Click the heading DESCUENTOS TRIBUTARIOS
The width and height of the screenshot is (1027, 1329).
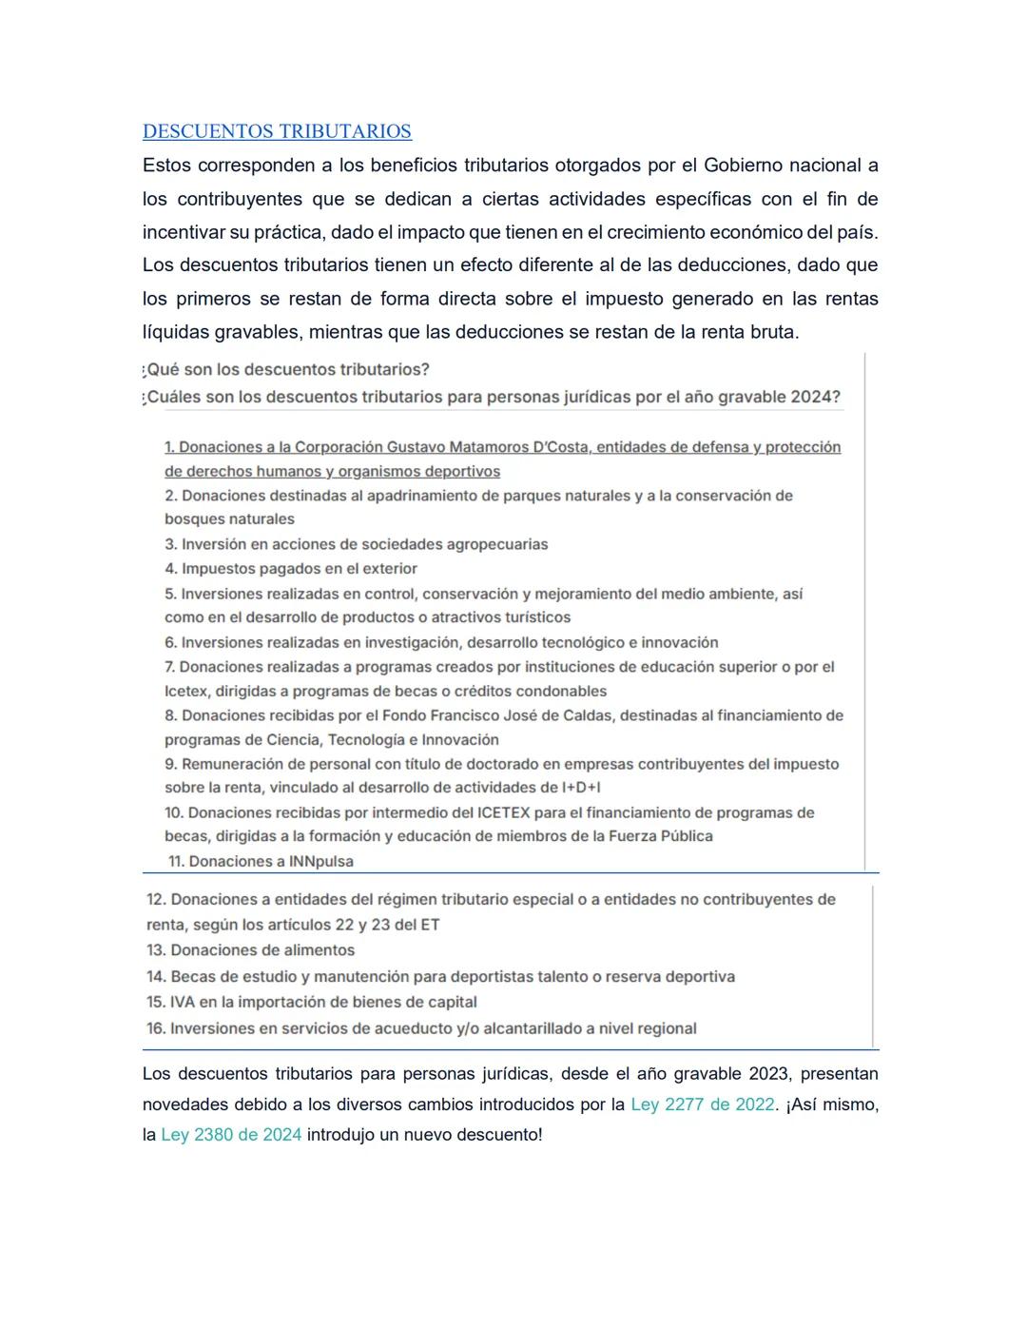pos(277,131)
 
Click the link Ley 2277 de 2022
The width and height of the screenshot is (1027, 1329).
pos(703,1104)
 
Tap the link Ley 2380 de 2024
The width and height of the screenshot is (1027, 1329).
pos(231,1135)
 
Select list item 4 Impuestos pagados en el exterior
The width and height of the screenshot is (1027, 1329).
pos(291,569)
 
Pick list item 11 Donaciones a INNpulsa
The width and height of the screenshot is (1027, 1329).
pos(261,862)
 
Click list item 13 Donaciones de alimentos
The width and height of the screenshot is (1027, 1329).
pos(250,950)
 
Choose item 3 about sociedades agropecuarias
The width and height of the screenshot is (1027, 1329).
pos(357,544)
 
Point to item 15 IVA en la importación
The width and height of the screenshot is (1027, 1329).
pos(311,1002)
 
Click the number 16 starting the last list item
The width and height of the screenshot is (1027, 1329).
pos(156,1028)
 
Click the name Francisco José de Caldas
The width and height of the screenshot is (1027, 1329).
pos(517,715)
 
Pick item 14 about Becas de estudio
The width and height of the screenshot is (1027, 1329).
pos(440,976)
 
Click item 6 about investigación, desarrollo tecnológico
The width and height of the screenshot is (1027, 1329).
pos(441,643)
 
